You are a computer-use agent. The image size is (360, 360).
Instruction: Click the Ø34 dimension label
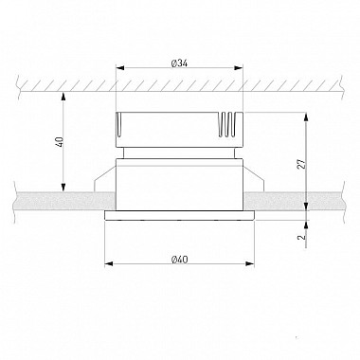tap(179, 63)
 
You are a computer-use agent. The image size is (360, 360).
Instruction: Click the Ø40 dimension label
tap(179, 260)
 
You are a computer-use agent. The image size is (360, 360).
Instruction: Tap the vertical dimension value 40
tap(61, 142)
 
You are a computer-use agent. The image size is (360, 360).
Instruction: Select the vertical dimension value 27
tap(302, 164)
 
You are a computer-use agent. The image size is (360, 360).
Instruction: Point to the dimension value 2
tap(302, 237)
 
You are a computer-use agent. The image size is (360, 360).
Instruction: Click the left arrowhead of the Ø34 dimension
tap(121, 67)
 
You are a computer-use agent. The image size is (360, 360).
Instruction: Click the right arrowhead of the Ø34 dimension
tap(239, 67)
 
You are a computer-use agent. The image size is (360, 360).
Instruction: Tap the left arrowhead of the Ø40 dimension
tap(109, 263)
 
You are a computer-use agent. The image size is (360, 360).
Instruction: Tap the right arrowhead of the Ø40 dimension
tap(249, 263)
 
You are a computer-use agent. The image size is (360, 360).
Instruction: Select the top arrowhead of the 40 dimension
tap(63, 96)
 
